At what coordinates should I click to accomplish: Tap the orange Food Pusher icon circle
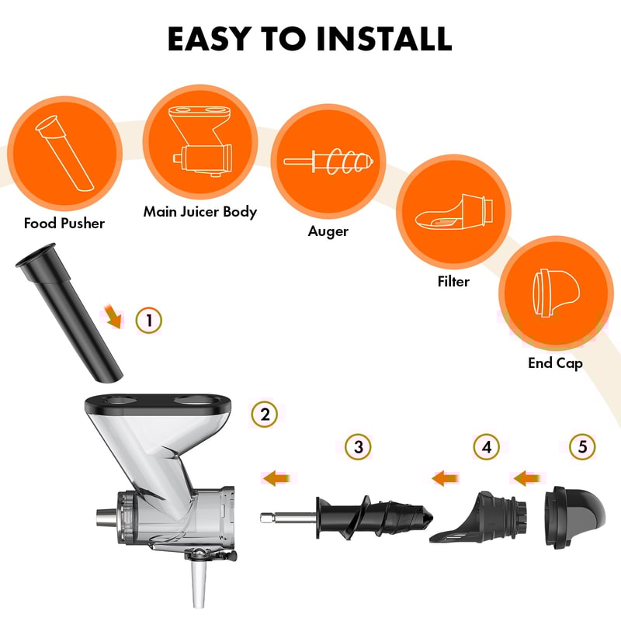coord(64,150)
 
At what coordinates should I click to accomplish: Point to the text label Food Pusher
coord(64,224)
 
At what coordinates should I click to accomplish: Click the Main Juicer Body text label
coord(199,212)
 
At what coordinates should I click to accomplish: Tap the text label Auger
coord(328,231)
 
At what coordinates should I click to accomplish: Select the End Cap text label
coord(554,363)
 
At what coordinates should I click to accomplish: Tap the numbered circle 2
coord(265,415)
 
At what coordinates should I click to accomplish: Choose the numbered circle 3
coord(358,447)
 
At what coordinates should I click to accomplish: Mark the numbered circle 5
coord(582,447)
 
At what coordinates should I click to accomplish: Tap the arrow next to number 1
coord(114,315)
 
